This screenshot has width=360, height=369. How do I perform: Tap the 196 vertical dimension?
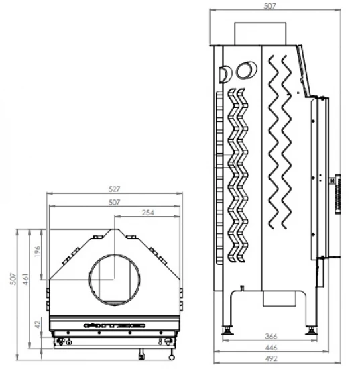coord(38,252)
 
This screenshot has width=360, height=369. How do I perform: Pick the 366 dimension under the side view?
coord(271,336)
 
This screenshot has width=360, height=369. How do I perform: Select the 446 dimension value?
coord(271,348)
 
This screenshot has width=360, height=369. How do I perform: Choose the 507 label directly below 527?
coord(113,201)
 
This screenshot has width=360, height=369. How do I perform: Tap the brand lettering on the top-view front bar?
coord(114,325)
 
